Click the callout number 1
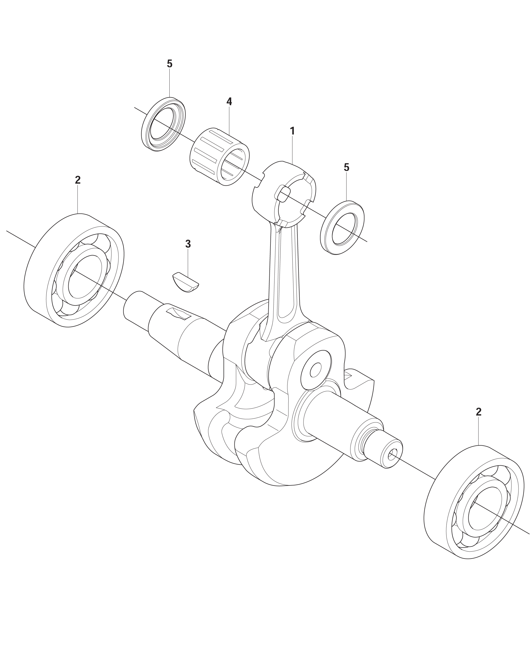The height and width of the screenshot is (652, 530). (292, 131)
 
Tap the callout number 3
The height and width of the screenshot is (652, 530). (188, 244)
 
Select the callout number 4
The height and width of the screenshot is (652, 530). (229, 102)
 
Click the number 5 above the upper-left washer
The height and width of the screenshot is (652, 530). (169, 64)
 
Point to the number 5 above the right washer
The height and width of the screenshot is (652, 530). (346, 167)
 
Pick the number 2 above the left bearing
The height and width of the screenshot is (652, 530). (78, 180)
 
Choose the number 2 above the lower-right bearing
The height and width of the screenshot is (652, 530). (479, 412)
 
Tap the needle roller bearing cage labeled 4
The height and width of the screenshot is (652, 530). (220, 157)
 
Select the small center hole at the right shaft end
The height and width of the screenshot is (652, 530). (392, 455)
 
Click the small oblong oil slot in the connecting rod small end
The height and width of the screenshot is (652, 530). (282, 195)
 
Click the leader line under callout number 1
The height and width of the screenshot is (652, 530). (292, 150)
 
